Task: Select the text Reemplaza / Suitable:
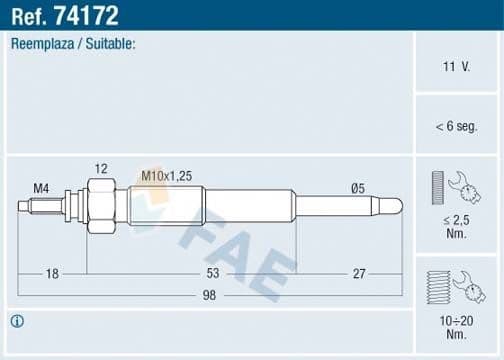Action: [x=73, y=45]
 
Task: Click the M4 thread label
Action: [x=41, y=187]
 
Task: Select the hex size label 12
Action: [x=100, y=169]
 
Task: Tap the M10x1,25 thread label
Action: [x=166, y=175]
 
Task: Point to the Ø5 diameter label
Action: [x=358, y=187]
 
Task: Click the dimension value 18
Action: [x=51, y=273]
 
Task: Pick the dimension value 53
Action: [x=212, y=273]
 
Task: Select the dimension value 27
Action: [x=357, y=273]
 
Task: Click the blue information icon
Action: [x=17, y=321]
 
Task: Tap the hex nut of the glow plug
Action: [x=100, y=206]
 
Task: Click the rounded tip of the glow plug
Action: [x=397, y=206]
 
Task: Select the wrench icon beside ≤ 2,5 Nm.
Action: [x=462, y=185]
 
